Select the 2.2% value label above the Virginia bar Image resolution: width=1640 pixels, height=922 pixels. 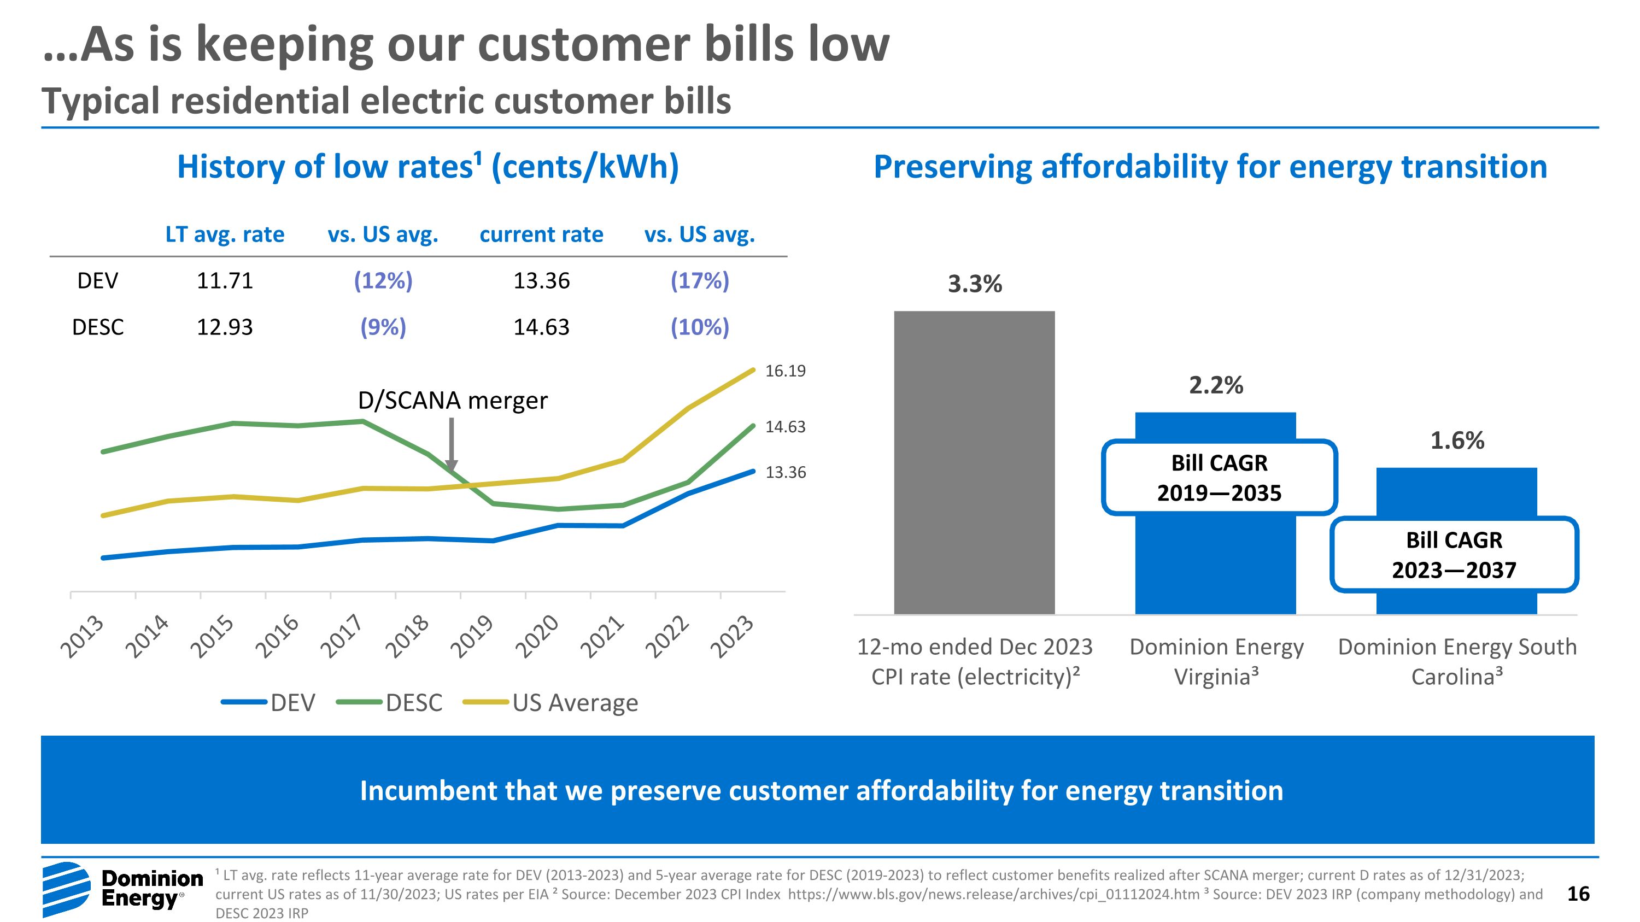pos(1216,385)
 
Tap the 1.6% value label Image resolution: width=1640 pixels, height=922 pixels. pos(1457,441)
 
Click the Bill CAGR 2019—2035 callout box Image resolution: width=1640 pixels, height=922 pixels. pos(1219,477)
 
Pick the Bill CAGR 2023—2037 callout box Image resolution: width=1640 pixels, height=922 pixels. pos(1454,555)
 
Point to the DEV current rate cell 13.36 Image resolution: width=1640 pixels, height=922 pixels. pos(541,280)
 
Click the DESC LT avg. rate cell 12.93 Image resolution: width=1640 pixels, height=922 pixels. pos(225,327)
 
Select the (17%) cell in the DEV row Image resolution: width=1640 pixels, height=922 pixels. pos(700,280)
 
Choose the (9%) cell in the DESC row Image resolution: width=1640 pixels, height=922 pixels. pos(383,327)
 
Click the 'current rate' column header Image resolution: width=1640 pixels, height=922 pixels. pos(541,234)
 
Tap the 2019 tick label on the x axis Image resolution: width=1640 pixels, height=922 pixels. pos(472,636)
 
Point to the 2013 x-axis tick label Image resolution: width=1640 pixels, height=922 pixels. pos(83,636)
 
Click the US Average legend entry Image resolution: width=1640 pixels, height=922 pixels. pos(550,702)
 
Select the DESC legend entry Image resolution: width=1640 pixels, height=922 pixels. pos(390,702)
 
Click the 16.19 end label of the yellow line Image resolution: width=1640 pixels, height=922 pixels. pos(785,371)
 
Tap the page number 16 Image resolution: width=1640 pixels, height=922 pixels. pos(1578,894)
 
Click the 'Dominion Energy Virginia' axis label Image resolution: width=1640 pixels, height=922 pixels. pos(1216,661)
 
